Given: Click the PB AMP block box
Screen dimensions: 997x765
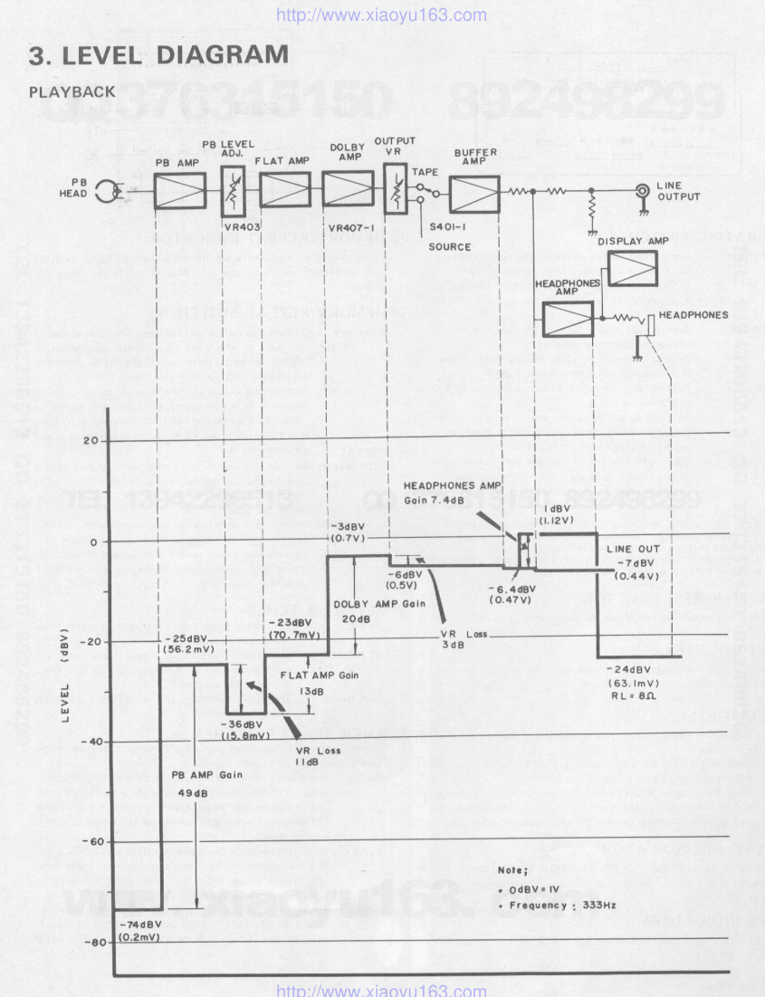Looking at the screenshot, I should pos(181,191).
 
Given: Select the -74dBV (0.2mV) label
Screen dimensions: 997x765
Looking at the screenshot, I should pos(139,930).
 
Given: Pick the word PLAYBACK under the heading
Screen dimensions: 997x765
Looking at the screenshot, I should pos(72,92).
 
